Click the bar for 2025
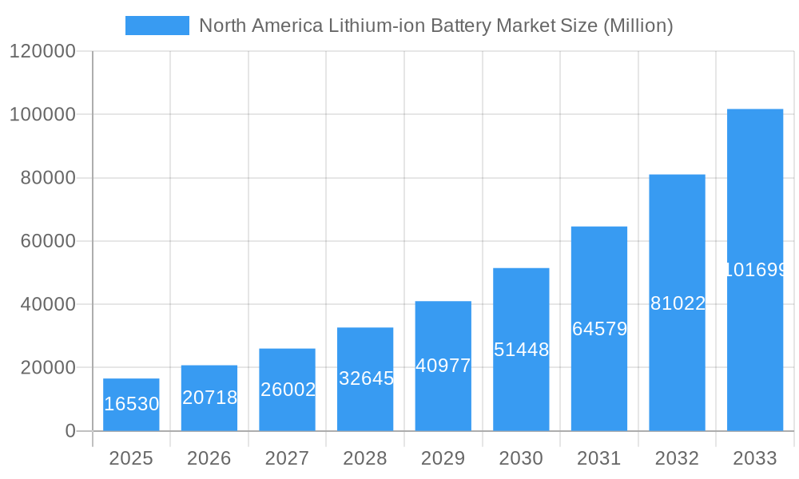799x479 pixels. click(131, 405)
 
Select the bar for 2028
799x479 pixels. click(365, 379)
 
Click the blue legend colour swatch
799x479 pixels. click(157, 26)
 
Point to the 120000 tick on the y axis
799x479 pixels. click(42, 52)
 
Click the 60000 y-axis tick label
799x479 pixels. click(47, 241)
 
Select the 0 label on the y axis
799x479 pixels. click(70, 431)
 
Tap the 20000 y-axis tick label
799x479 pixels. click(47, 368)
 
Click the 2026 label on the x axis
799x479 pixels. click(209, 458)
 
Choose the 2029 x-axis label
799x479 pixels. click(443, 458)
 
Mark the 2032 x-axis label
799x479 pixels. click(677, 458)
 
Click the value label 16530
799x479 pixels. click(132, 404)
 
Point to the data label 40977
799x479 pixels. click(443, 366)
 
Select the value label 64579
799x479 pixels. click(599, 329)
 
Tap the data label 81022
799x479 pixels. click(678, 303)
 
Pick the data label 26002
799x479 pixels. click(288, 390)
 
